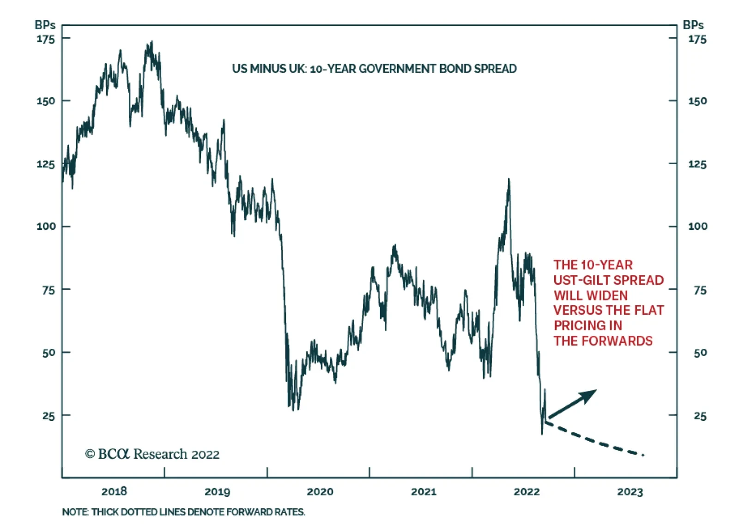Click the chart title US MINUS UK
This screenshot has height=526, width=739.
click(374, 69)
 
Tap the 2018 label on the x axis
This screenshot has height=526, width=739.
click(114, 491)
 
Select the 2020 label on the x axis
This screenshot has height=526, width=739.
click(320, 491)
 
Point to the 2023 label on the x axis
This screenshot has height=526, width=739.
click(630, 492)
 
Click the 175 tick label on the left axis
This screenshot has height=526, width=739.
click(46, 39)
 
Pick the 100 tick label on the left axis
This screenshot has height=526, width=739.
click(46, 226)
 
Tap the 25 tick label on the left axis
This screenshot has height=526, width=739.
click(48, 416)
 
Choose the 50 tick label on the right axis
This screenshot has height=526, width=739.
click(700, 353)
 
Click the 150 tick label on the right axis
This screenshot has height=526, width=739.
click(697, 101)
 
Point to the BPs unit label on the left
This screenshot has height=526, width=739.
click(45, 25)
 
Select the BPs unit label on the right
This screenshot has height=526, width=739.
click(693, 25)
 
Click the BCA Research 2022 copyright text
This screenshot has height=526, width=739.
click(152, 454)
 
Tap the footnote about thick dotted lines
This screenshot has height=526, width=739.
click(183, 512)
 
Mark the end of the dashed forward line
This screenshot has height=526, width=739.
click(643, 455)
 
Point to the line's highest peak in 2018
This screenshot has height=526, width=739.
click(151, 42)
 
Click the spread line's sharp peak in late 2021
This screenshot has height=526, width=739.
click(509, 179)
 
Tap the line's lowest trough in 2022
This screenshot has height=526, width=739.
click(542, 433)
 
